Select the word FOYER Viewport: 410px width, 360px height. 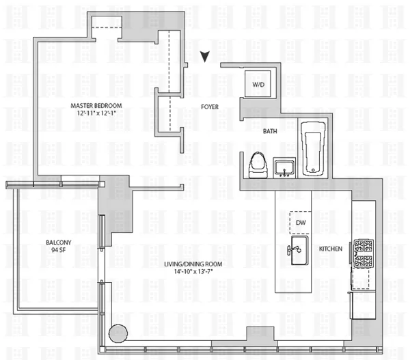click(x=209, y=107)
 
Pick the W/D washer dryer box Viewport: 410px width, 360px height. click(x=258, y=85)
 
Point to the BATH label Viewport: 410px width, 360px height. click(x=271, y=131)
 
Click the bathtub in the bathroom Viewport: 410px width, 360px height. click(x=314, y=147)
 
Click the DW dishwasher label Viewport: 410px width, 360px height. click(x=301, y=223)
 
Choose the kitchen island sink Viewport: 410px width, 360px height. click(x=298, y=255)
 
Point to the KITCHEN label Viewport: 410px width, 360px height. click(x=331, y=249)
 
